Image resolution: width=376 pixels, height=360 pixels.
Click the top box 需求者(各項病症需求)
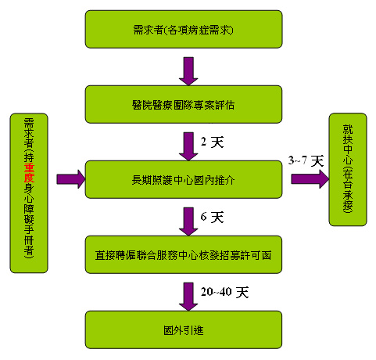pyautogui.click(x=184, y=29)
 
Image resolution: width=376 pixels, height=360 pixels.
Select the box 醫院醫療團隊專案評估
pyautogui.click(x=184, y=104)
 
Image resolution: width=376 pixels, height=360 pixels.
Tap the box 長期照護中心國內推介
pyautogui.click(x=184, y=179)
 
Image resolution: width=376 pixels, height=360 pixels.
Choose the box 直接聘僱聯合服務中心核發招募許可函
pyautogui.click(x=184, y=254)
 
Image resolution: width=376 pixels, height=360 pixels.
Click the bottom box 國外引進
pyautogui.click(x=184, y=329)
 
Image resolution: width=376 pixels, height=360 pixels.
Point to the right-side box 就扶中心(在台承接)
pyautogui.click(x=348, y=169)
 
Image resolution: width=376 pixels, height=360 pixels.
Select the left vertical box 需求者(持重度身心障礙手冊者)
pyautogui.click(x=29, y=193)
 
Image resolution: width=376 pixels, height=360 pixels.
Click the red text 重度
pyautogui.click(x=29, y=173)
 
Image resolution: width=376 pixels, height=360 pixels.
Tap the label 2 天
pyautogui.click(x=212, y=142)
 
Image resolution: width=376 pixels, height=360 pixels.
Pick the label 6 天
pyautogui.click(x=212, y=217)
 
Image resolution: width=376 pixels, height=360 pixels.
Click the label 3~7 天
pyautogui.click(x=306, y=160)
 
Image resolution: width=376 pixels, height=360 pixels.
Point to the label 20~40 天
pyautogui.click(x=224, y=292)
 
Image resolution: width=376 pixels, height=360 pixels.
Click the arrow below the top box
pyautogui.click(x=188, y=71)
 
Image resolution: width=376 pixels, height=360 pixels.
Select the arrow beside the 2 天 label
pyautogui.click(x=188, y=146)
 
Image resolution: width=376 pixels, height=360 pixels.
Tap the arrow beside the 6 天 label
pyautogui.click(x=188, y=221)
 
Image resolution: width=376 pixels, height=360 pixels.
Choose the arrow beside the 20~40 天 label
pyautogui.click(x=188, y=297)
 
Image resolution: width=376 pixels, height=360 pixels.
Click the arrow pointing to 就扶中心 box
pyautogui.click(x=310, y=179)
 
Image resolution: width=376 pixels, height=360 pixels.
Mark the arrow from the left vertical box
pyautogui.click(x=71, y=179)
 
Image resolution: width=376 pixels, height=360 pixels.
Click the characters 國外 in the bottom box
pyautogui.click(x=174, y=330)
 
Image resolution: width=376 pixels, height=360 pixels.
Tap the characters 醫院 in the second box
pyautogui.click(x=142, y=105)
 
